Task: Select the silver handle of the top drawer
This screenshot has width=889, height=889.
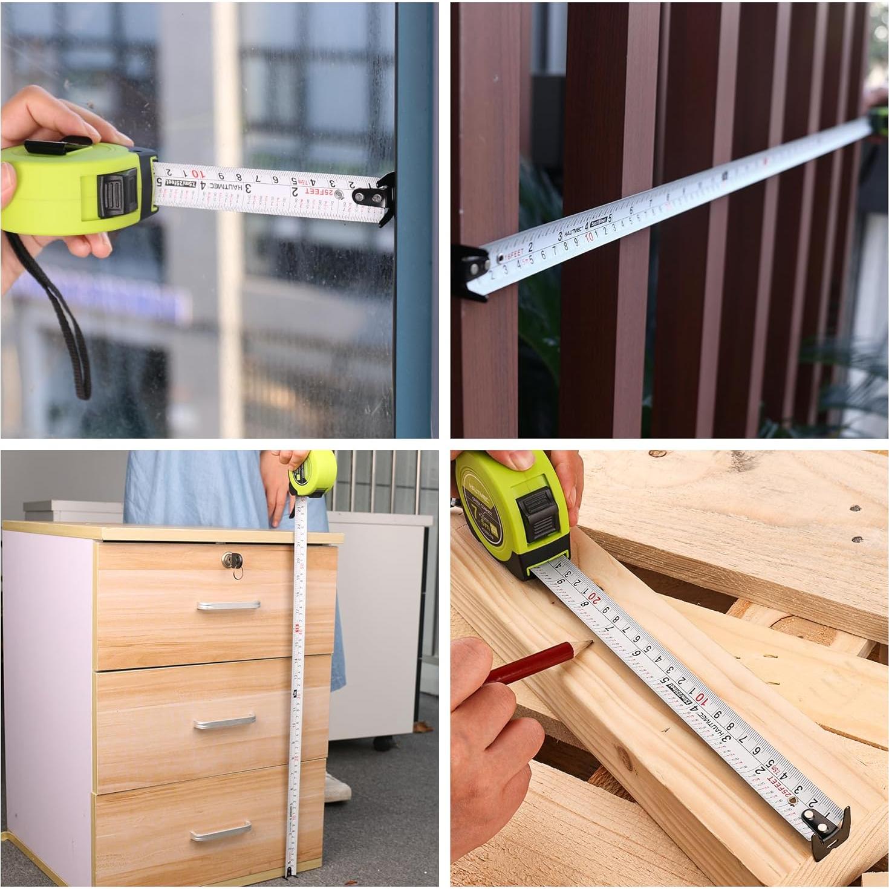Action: (228, 605)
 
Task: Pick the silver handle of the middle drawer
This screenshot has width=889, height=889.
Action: (224, 721)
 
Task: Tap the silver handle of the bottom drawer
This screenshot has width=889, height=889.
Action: (221, 832)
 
